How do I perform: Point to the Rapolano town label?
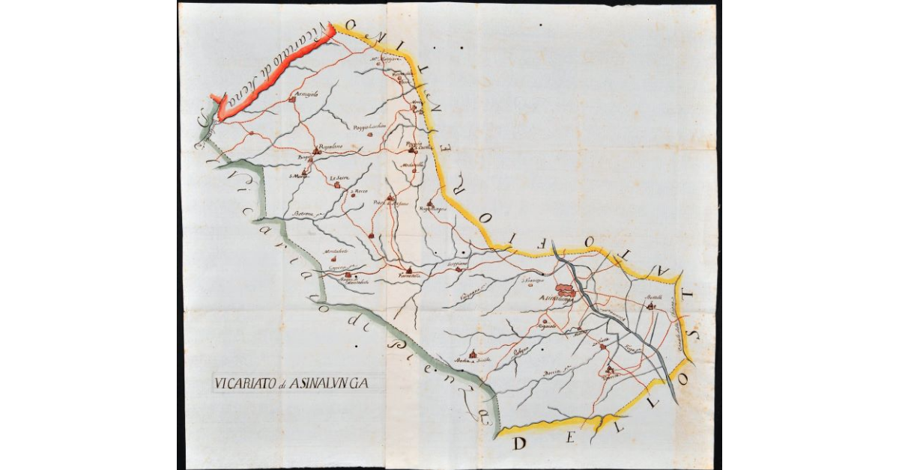[x=330, y=146]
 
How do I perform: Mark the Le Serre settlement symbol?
[x=337, y=184]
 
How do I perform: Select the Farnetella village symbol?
[x=409, y=270]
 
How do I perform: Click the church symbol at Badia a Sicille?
[x=473, y=355]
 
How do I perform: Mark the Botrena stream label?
[x=302, y=214]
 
